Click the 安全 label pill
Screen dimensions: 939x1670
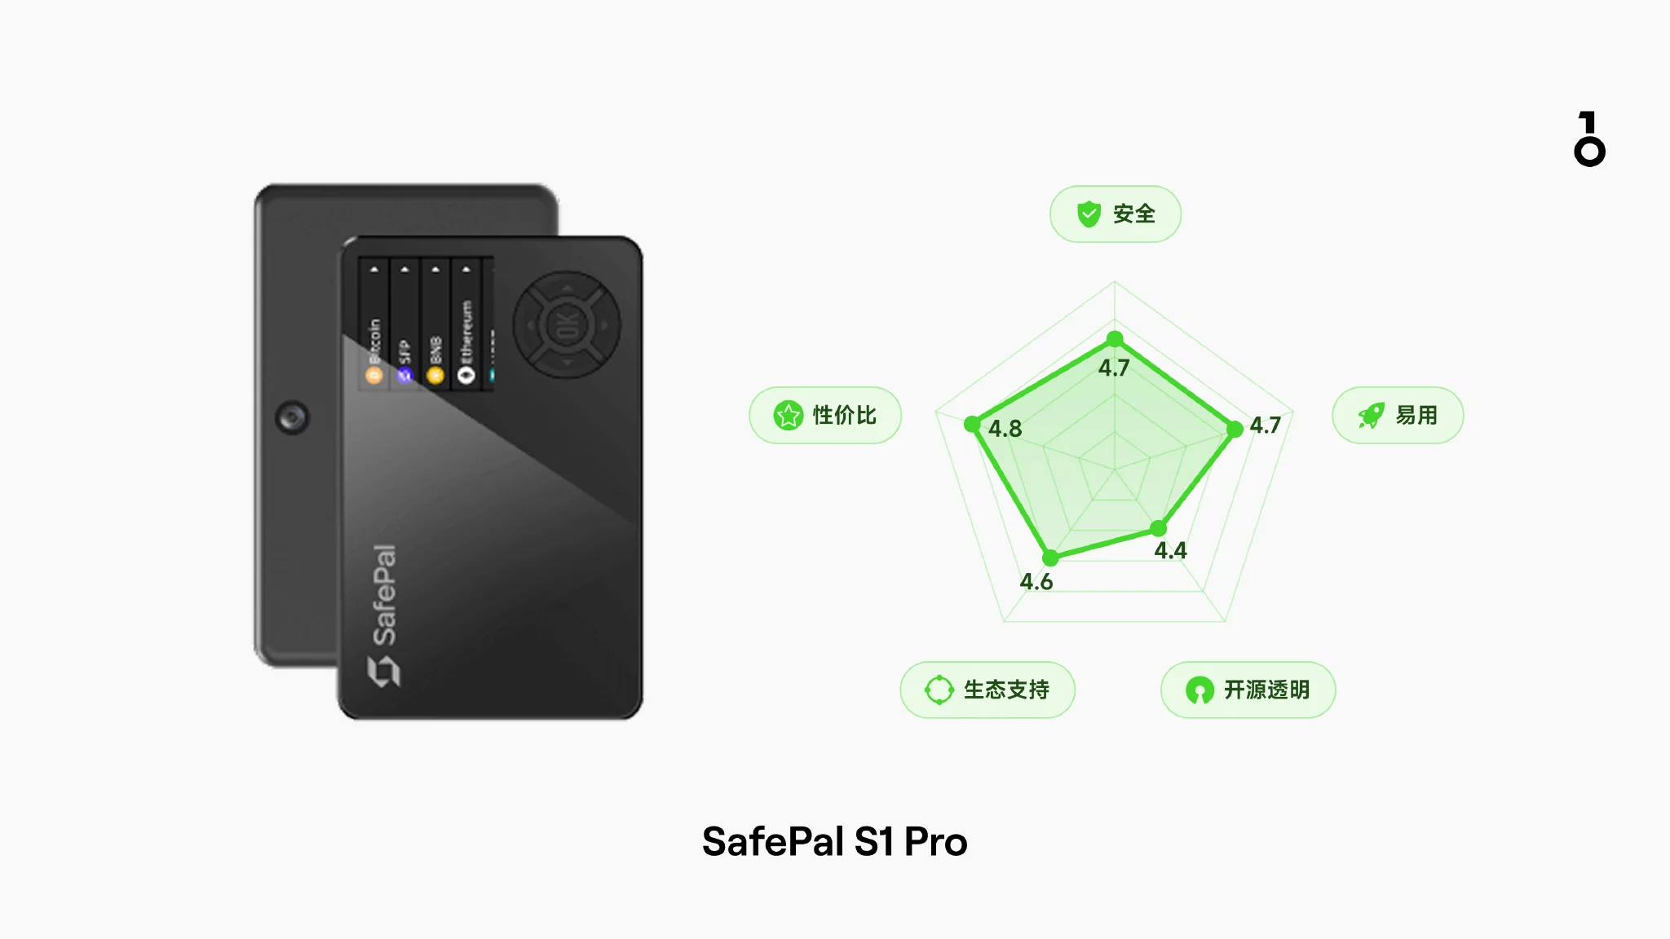coord(1115,214)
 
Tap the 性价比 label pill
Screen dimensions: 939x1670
coord(824,415)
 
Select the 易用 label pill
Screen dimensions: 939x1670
coord(1397,415)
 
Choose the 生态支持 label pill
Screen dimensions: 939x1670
coord(987,690)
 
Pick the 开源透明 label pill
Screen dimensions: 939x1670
coord(1248,690)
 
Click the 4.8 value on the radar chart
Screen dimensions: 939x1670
coord(1005,429)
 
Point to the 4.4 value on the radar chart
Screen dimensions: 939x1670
coord(1170,551)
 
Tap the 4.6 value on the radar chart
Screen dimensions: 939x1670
coord(1036,582)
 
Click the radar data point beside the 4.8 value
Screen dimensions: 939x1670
coord(972,424)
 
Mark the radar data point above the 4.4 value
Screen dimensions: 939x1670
coord(1159,529)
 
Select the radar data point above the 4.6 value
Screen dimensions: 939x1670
coord(1050,558)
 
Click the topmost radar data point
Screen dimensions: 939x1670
coord(1115,339)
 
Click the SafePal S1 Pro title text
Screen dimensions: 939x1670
coord(834,842)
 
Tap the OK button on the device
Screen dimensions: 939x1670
coord(567,325)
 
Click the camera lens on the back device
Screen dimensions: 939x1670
coord(292,417)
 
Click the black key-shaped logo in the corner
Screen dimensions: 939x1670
coord(1589,139)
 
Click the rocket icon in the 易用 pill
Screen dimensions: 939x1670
coord(1372,416)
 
